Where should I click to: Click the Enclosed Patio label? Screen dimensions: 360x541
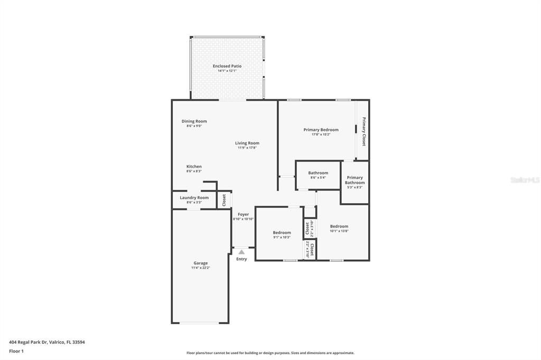227,66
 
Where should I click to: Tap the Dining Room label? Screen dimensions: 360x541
194,121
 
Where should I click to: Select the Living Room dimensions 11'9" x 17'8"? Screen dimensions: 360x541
247,148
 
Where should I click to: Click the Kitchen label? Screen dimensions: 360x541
194,166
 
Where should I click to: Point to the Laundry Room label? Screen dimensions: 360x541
194,197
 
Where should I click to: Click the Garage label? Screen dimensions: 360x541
200,263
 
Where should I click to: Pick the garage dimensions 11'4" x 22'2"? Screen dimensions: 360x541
200,268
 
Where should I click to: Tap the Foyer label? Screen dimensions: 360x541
243,214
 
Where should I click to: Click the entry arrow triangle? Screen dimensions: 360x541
241,252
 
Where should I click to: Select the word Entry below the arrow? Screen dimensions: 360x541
241,259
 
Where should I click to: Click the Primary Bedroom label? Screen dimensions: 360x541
321,129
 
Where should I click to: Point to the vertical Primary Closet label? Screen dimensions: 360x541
363,131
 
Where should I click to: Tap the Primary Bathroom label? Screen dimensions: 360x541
355,180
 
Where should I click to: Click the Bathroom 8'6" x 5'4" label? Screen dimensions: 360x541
318,173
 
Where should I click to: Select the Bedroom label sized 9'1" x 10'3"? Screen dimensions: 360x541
282,232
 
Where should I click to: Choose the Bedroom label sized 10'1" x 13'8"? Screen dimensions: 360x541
339,226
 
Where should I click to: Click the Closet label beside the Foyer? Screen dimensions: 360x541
224,200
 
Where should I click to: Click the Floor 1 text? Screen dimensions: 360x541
16,351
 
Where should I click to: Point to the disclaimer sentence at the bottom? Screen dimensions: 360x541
270,353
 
